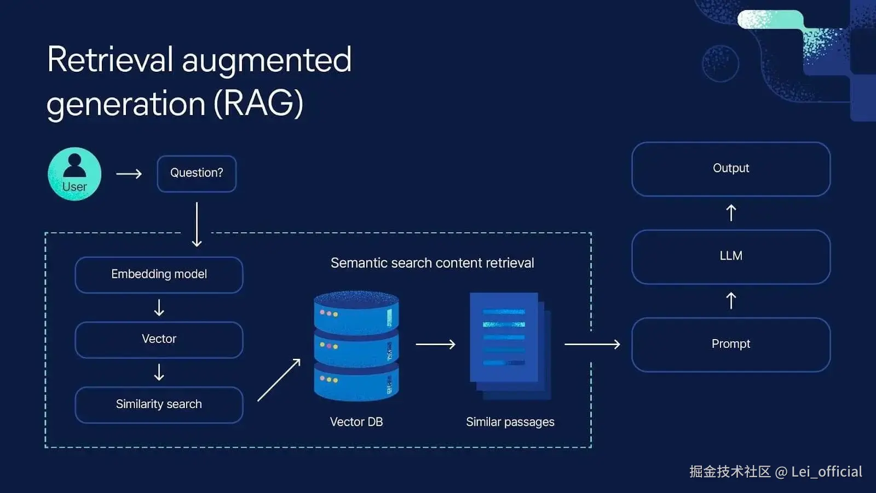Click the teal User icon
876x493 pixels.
pos(74,174)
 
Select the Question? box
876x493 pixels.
pos(197,174)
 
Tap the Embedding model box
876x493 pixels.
pos(159,274)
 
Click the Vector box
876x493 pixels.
pos(159,340)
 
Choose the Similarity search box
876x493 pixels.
pos(159,405)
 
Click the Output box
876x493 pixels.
pos(731,169)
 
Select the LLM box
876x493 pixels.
pos(731,256)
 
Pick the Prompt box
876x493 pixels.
pos(731,345)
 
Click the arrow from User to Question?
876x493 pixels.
pos(129,174)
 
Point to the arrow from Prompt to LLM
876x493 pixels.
pos(731,301)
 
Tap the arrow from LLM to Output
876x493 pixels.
pos(731,213)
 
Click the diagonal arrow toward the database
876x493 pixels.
pos(279,380)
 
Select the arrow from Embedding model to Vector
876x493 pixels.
pos(159,308)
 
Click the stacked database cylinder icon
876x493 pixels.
pos(356,346)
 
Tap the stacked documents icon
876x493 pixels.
pos(509,345)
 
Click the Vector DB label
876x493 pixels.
pos(356,422)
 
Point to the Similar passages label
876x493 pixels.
pos(510,422)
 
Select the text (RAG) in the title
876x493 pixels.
pos(258,103)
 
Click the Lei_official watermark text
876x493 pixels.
pos(827,472)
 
